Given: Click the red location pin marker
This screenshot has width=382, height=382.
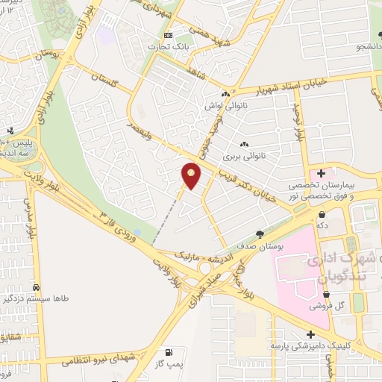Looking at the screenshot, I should tap(192, 176).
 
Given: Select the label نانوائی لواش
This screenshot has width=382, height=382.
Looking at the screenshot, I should tap(223, 106).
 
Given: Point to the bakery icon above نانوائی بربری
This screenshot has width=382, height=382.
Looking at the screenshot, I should tap(244, 143).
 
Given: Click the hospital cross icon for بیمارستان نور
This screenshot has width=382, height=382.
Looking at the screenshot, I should tap(321, 172).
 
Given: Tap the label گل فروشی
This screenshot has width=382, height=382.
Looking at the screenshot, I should tap(328, 306).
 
